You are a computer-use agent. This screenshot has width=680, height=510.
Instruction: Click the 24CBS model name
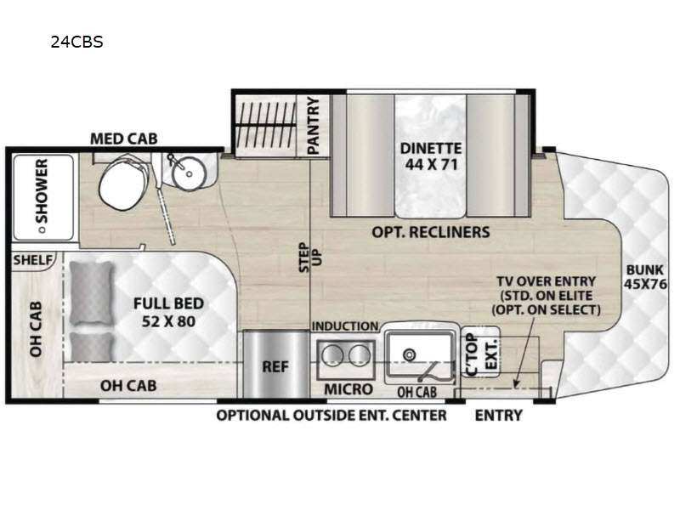point(76,42)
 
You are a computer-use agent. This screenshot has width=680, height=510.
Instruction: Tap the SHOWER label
point(42,190)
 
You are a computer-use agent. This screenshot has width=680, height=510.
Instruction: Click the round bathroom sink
point(188,173)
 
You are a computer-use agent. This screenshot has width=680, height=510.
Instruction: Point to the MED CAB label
point(123,139)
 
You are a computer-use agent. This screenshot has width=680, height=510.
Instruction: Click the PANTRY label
point(313,125)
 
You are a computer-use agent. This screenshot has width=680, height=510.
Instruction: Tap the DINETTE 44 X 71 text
point(431,156)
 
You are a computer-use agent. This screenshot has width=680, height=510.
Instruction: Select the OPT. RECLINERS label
point(431,232)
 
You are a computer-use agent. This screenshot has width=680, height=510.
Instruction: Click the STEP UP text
point(310,258)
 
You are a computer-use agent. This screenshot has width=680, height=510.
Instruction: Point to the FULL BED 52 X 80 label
point(168,312)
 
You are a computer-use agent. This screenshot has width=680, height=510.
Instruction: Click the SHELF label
point(32,260)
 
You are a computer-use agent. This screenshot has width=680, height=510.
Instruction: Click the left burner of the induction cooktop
point(332,355)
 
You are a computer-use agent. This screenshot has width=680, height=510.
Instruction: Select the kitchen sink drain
point(410,354)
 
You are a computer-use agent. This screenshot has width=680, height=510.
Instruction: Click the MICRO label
point(348,389)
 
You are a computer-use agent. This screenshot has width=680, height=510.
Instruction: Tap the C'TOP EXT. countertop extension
point(480,352)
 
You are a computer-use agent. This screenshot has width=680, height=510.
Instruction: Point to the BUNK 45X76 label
point(645,277)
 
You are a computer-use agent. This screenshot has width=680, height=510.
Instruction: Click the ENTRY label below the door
point(499,416)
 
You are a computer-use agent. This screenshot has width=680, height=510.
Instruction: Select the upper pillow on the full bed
point(92,293)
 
